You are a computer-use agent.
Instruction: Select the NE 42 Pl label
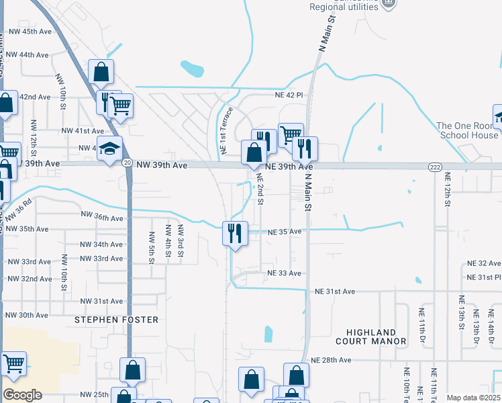(x=289, y=95)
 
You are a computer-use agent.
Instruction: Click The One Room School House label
(x=468, y=130)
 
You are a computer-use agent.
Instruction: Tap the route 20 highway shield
(x=127, y=163)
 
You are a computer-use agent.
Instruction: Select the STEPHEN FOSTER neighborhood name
(x=116, y=320)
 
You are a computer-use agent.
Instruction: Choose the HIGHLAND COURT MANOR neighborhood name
(x=376, y=337)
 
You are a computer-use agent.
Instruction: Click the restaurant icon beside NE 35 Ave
(x=235, y=233)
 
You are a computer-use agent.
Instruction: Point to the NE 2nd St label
(x=260, y=189)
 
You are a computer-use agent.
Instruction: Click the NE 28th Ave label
(x=331, y=360)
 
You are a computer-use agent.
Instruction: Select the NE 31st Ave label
(x=334, y=291)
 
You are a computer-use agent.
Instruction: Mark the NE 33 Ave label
(x=285, y=273)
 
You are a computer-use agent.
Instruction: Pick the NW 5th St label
(x=152, y=246)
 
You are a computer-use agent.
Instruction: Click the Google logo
(x=22, y=395)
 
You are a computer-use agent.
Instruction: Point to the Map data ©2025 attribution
(x=473, y=398)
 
